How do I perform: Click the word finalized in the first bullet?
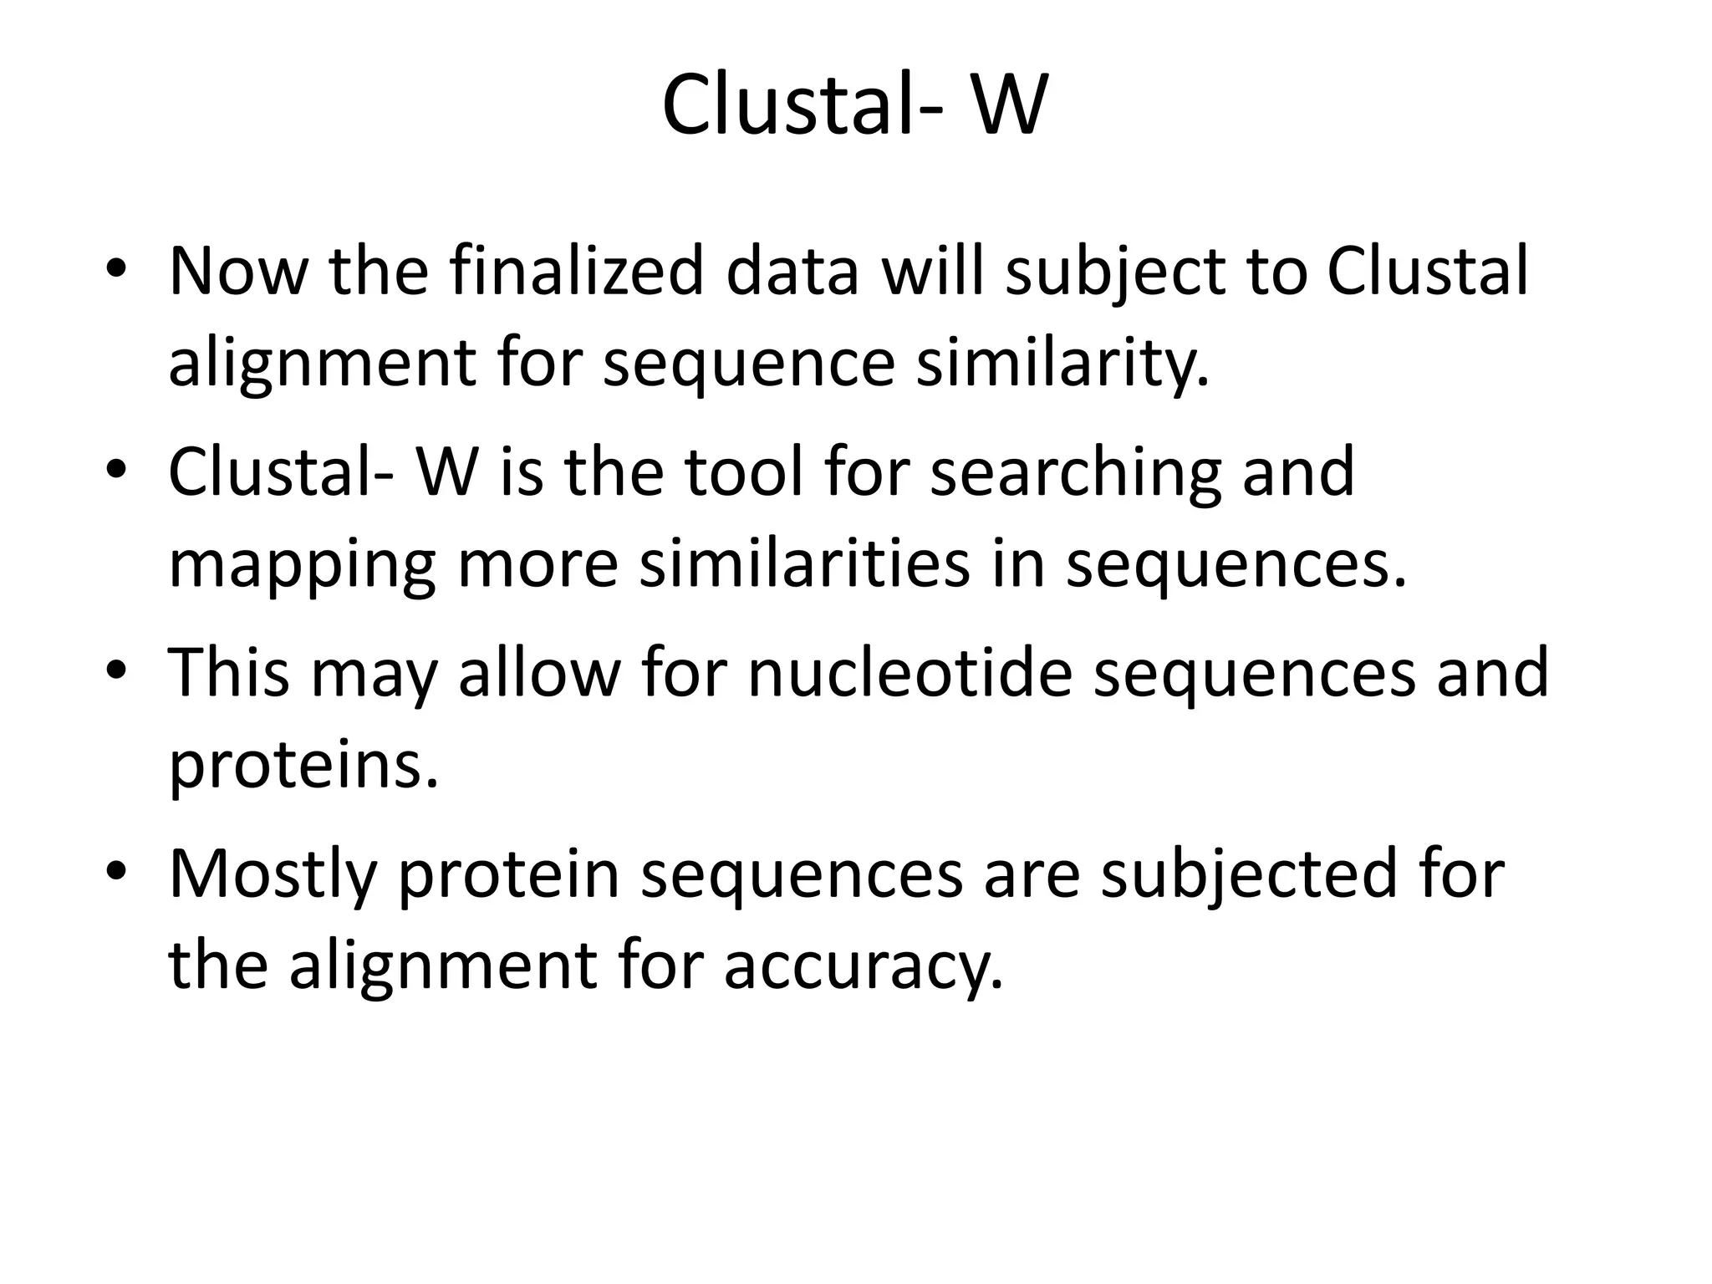[x=576, y=272]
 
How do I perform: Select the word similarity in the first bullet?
[x=1062, y=364]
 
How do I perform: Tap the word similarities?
[x=804, y=563]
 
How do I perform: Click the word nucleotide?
[x=909, y=673]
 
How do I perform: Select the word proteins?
[x=303, y=766]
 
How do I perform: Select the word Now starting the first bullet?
[x=239, y=272]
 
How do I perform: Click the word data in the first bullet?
[x=792, y=272]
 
